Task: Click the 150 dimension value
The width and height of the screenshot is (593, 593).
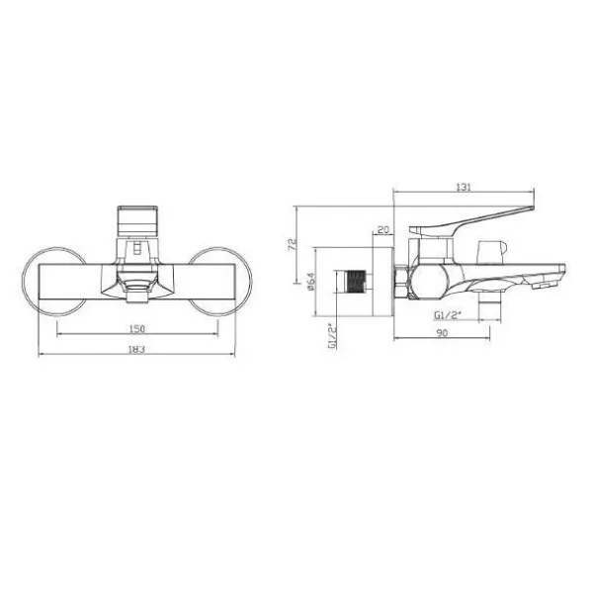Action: coord(137,329)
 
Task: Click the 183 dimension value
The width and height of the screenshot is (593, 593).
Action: coord(137,349)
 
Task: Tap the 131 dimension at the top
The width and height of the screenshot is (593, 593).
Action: coord(464,187)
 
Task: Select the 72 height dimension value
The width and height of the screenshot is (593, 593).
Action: coord(292,244)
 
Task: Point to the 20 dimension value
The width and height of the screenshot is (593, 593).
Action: coord(383,229)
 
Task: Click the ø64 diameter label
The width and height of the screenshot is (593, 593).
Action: coord(311,282)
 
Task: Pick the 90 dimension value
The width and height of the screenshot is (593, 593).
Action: coord(442,333)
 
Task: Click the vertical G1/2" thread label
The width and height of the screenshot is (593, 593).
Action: coord(332,336)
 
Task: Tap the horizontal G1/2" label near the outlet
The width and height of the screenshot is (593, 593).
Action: coord(448,315)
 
